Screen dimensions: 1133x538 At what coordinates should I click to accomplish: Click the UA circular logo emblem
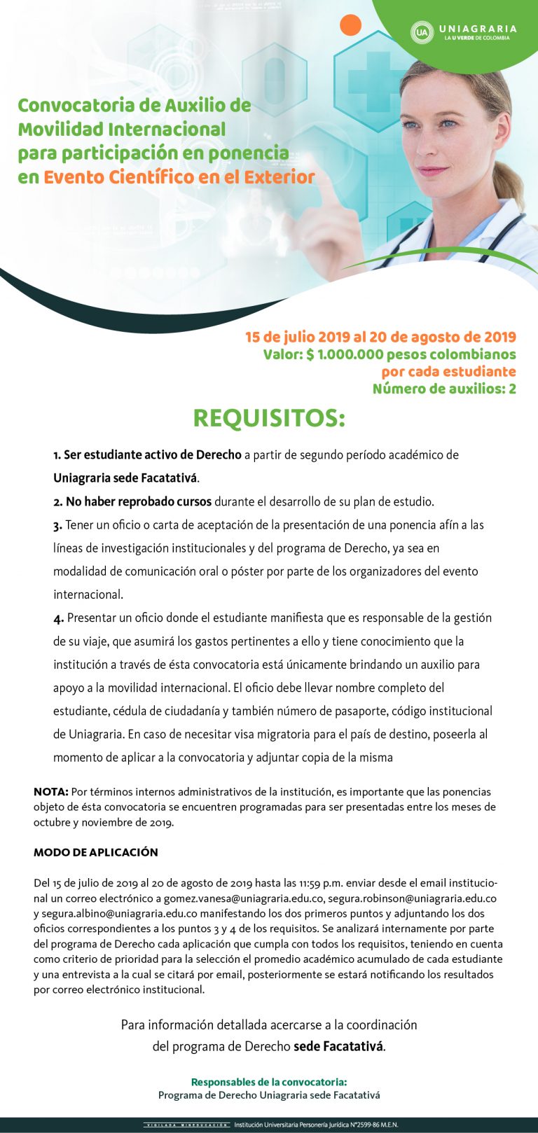(x=422, y=32)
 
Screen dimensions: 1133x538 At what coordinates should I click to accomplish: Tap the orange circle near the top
(x=350, y=25)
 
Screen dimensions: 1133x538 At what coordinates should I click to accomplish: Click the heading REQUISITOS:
(x=269, y=418)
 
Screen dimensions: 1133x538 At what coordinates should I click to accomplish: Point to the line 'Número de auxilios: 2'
(x=444, y=389)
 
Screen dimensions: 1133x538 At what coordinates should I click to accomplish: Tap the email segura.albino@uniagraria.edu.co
(x=119, y=914)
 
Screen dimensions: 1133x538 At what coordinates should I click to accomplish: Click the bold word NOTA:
(x=50, y=792)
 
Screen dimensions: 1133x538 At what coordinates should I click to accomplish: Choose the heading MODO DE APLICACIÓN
(x=96, y=852)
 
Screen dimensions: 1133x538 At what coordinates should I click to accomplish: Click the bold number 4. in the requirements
(x=59, y=618)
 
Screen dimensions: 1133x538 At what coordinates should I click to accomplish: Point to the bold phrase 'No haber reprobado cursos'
(x=138, y=501)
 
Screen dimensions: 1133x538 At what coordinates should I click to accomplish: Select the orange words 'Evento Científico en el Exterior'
(x=179, y=177)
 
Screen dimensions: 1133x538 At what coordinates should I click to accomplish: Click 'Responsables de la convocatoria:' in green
(x=269, y=1082)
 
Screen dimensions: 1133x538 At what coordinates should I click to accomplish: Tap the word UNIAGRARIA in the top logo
(x=477, y=29)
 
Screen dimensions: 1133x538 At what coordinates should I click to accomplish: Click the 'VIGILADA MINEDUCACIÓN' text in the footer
(x=186, y=1125)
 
